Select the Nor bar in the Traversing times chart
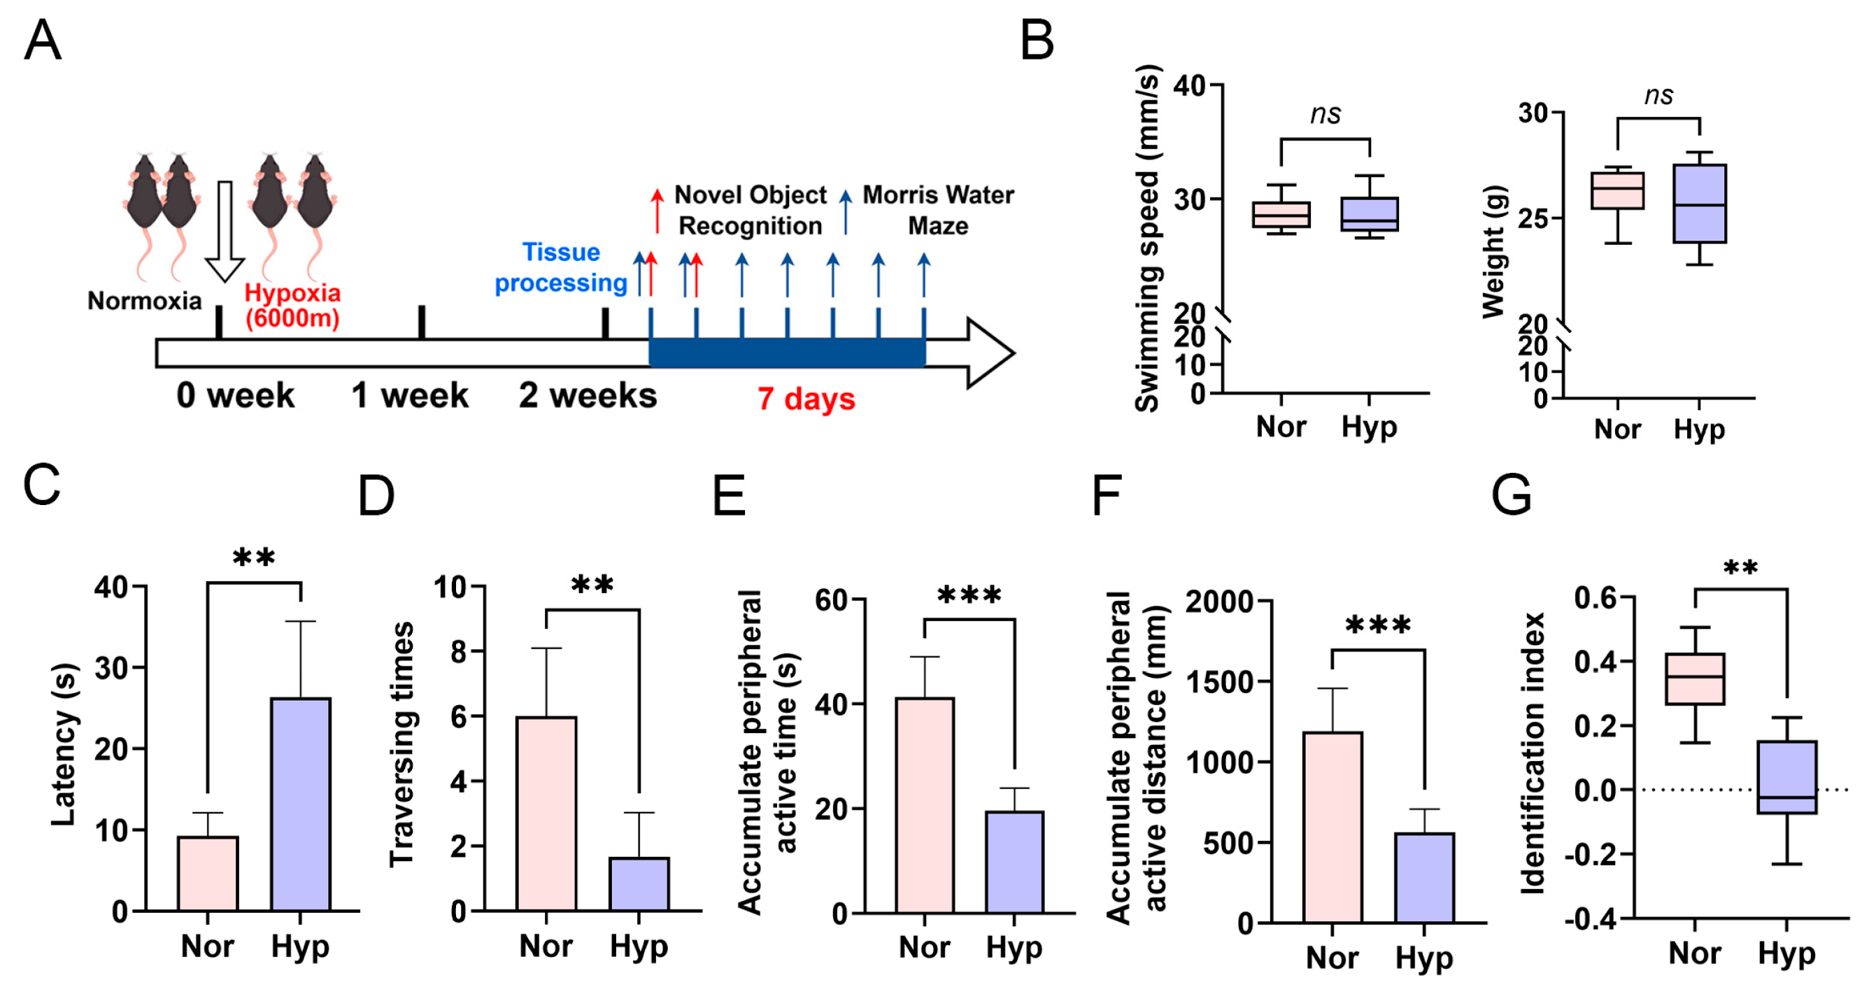546,813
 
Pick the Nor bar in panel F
1332,827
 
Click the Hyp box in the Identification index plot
1786,776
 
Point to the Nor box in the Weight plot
1617,191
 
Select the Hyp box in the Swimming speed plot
1369,214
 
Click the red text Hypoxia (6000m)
292,305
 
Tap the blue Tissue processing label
561,267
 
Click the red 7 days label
806,399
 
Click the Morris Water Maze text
938,210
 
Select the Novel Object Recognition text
751,210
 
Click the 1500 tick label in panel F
1218,682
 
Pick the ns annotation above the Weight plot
1658,95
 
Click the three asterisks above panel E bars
969,597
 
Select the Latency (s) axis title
64,744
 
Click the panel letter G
1511,496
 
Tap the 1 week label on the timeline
410,395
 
